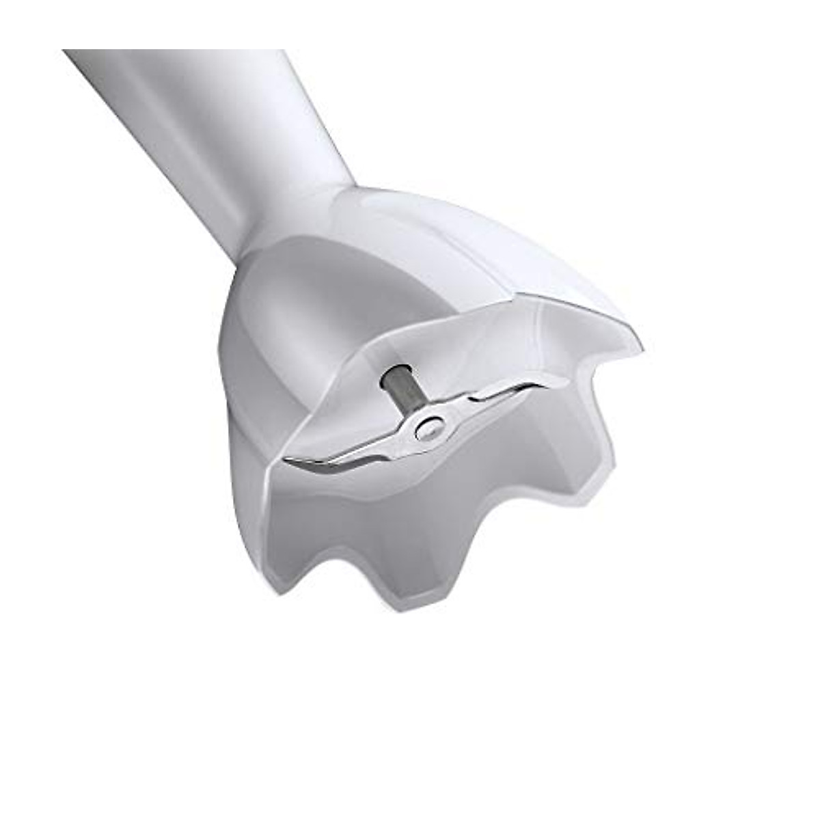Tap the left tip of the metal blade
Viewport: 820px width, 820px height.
(287, 459)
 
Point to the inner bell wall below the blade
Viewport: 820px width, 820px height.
(437, 506)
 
